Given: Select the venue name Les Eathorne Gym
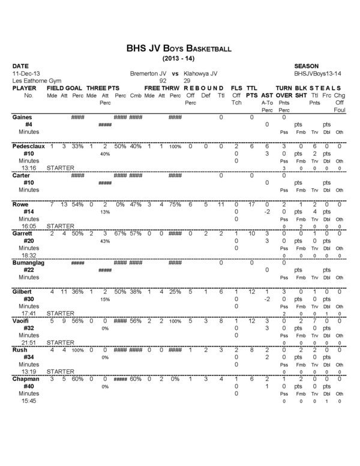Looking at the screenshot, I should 35,79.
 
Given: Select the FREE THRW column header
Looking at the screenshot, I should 162,88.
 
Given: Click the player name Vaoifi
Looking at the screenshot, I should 22,321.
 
